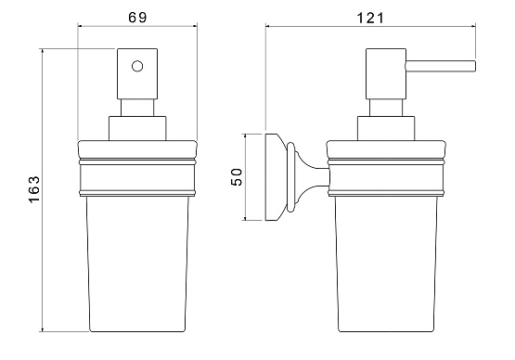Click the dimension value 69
coord(137,18)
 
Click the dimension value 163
coord(34,189)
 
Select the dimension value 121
coord(370,18)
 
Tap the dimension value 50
coord(237,177)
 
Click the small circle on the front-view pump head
coord(137,67)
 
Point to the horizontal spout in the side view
coord(441,66)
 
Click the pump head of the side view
coord(386,73)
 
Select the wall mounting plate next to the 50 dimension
coord(272,177)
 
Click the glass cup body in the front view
coord(137,264)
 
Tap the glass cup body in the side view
coord(386,264)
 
